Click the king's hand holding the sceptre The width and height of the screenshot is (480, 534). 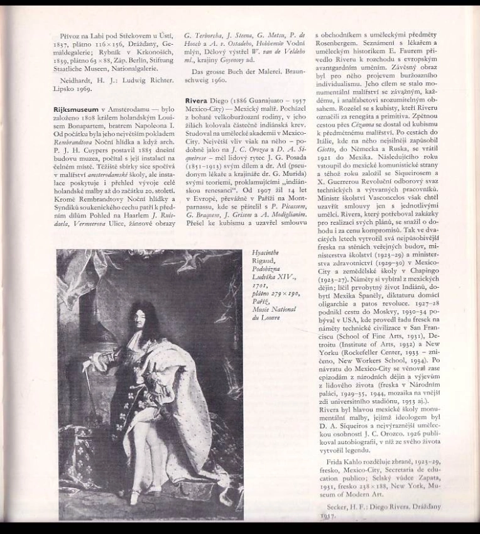87,364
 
